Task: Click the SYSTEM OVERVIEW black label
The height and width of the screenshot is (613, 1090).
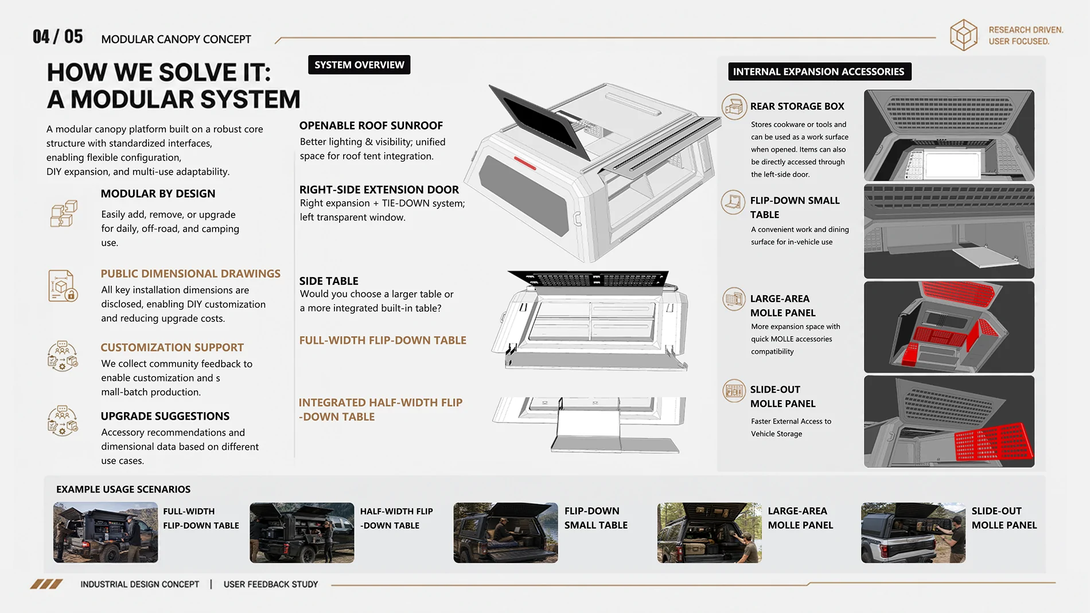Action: click(x=359, y=65)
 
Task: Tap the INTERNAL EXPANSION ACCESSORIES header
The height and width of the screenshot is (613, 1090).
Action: click(x=819, y=72)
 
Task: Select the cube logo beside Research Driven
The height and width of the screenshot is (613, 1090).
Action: click(x=964, y=35)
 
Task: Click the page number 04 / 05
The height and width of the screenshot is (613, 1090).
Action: click(x=58, y=37)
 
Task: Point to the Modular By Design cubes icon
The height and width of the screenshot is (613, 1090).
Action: click(x=64, y=214)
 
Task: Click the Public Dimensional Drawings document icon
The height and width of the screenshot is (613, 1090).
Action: click(x=63, y=286)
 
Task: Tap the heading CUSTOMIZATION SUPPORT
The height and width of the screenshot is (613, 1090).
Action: click(x=172, y=347)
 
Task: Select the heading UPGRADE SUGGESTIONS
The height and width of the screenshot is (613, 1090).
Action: click(x=165, y=416)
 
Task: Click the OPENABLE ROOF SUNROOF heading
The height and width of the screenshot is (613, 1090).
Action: click(x=371, y=126)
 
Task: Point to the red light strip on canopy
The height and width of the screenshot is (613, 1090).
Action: click(x=525, y=164)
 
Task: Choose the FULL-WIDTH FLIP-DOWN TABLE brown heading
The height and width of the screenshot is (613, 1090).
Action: click(x=383, y=340)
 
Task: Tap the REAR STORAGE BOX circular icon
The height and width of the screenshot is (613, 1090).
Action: click(x=734, y=107)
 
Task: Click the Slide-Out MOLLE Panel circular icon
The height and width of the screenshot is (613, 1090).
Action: click(x=734, y=391)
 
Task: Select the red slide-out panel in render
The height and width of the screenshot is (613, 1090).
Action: click(x=993, y=442)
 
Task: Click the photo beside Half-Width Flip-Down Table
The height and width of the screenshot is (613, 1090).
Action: click(x=302, y=533)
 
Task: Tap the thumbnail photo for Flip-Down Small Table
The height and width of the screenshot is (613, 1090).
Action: click(x=505, y=533)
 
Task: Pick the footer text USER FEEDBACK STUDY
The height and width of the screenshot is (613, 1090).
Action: click(x=271, y=584)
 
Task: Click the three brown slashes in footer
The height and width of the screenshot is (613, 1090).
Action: click(x=46, y=584)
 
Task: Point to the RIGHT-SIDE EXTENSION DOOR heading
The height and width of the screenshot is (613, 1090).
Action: click(x=379, y=190)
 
